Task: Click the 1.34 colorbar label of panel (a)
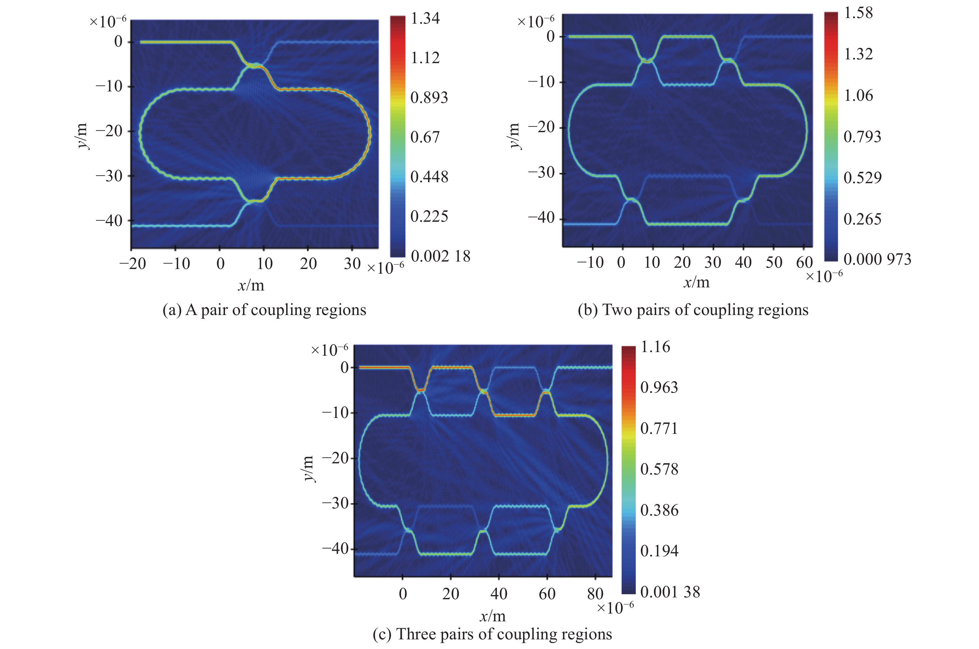point(425,19)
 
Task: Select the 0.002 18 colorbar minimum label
point(440,256)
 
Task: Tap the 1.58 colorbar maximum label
point(858,13)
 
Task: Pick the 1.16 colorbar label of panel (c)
point(655,347)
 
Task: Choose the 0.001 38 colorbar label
point(670,592)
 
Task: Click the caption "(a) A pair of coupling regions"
point(264,310)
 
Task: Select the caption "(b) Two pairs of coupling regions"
point(693,310)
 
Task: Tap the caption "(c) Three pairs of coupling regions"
point(492,634)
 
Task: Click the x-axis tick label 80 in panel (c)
point(595,594)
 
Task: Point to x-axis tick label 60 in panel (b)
point(804,262)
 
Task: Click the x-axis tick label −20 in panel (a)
point(133,264)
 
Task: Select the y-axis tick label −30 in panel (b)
point(541,173)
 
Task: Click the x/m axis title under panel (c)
point(492,616)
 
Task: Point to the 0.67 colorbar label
point(425,137)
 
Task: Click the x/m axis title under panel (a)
point(250,285)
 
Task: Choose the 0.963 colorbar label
point(659,388)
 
